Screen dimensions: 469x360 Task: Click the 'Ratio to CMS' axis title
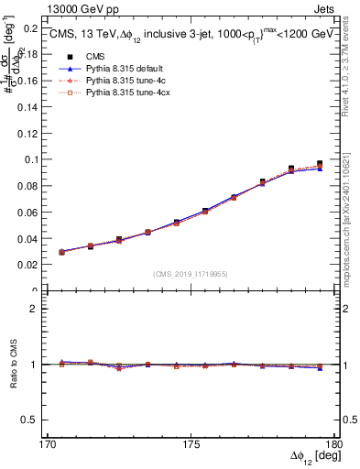point(13,365)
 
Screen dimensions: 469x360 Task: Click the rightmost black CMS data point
point(320,164)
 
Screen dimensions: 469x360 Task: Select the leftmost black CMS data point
point(61,252)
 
